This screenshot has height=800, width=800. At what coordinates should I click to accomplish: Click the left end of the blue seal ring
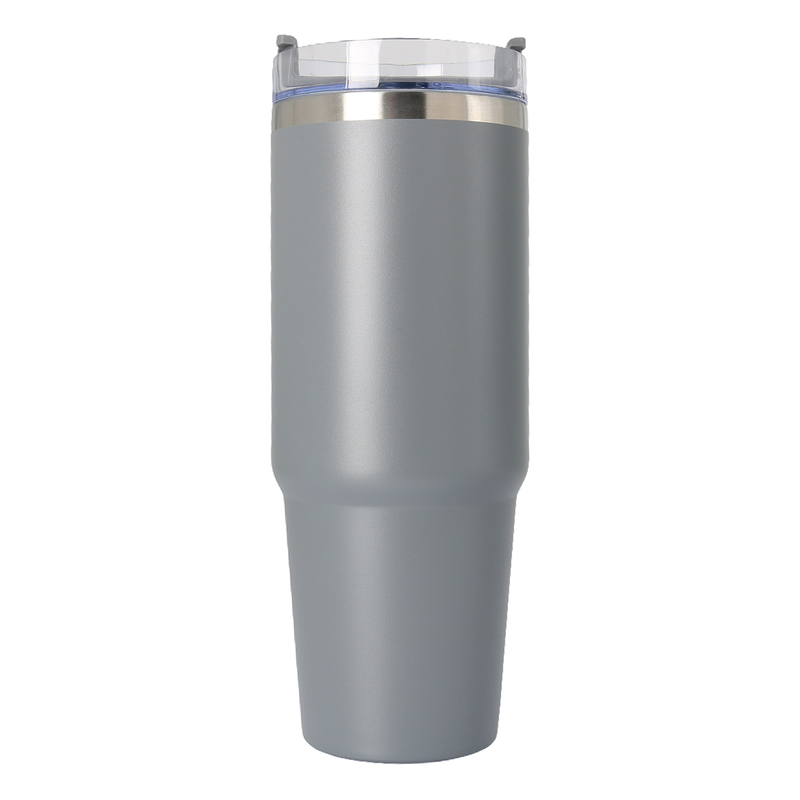[x=275, y=95]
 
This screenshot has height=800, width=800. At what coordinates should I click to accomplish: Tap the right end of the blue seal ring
[x=525, y=95]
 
